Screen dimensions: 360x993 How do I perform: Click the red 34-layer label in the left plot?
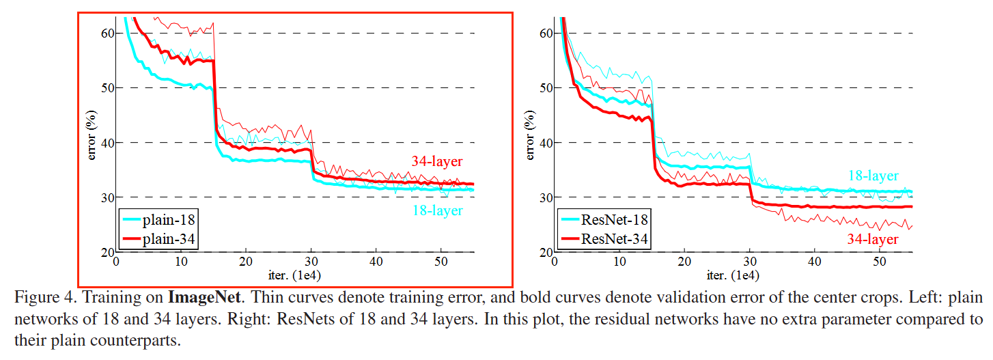[437, 162]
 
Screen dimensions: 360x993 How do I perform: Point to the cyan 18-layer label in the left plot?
[437, 210]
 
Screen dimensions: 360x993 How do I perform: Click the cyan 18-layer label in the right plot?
[873, 176]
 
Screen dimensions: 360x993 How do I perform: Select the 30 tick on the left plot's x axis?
[311, 262]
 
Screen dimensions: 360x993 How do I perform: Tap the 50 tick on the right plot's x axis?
[880, 262]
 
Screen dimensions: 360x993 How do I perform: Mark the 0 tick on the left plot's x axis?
[116, 262]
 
